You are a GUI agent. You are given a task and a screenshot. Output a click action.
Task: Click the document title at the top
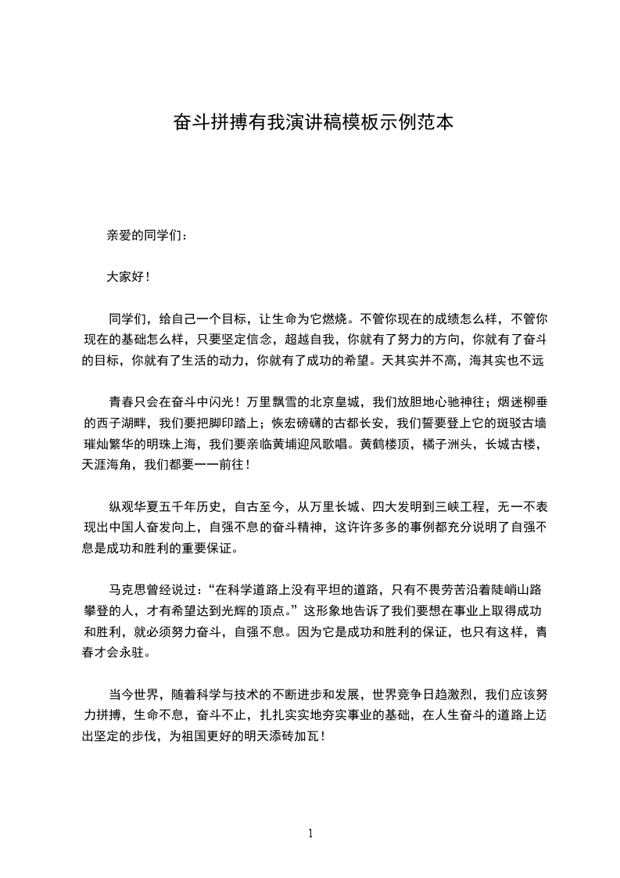pyautogui.click(x=311, y=123)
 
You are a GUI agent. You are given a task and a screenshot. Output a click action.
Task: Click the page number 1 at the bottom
pyautogui.click(x=310, y=833)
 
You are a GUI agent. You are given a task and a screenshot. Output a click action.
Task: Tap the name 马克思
pyautogui.click(x=127, y=589)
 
